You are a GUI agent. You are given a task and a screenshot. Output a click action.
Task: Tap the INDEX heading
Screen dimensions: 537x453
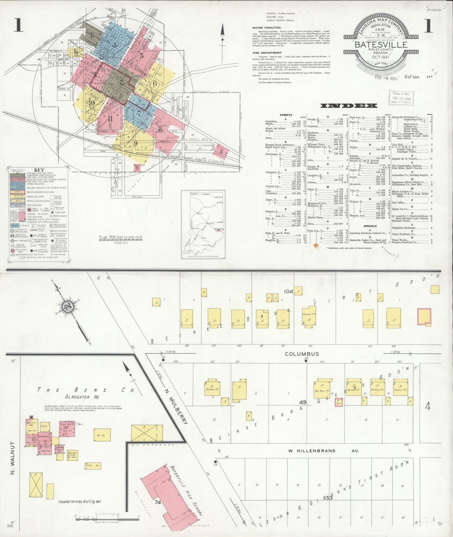[x=349, y=106]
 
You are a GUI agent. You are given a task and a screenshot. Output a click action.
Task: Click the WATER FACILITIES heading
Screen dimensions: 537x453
[x=266, y=28]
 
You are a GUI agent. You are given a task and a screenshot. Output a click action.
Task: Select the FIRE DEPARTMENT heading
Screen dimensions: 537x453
[x=267, y=52]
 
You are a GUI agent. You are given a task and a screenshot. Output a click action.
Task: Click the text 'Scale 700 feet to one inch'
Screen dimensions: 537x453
[x=120, y=237]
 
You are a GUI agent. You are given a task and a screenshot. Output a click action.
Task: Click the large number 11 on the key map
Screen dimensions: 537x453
[x=110, y=118]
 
